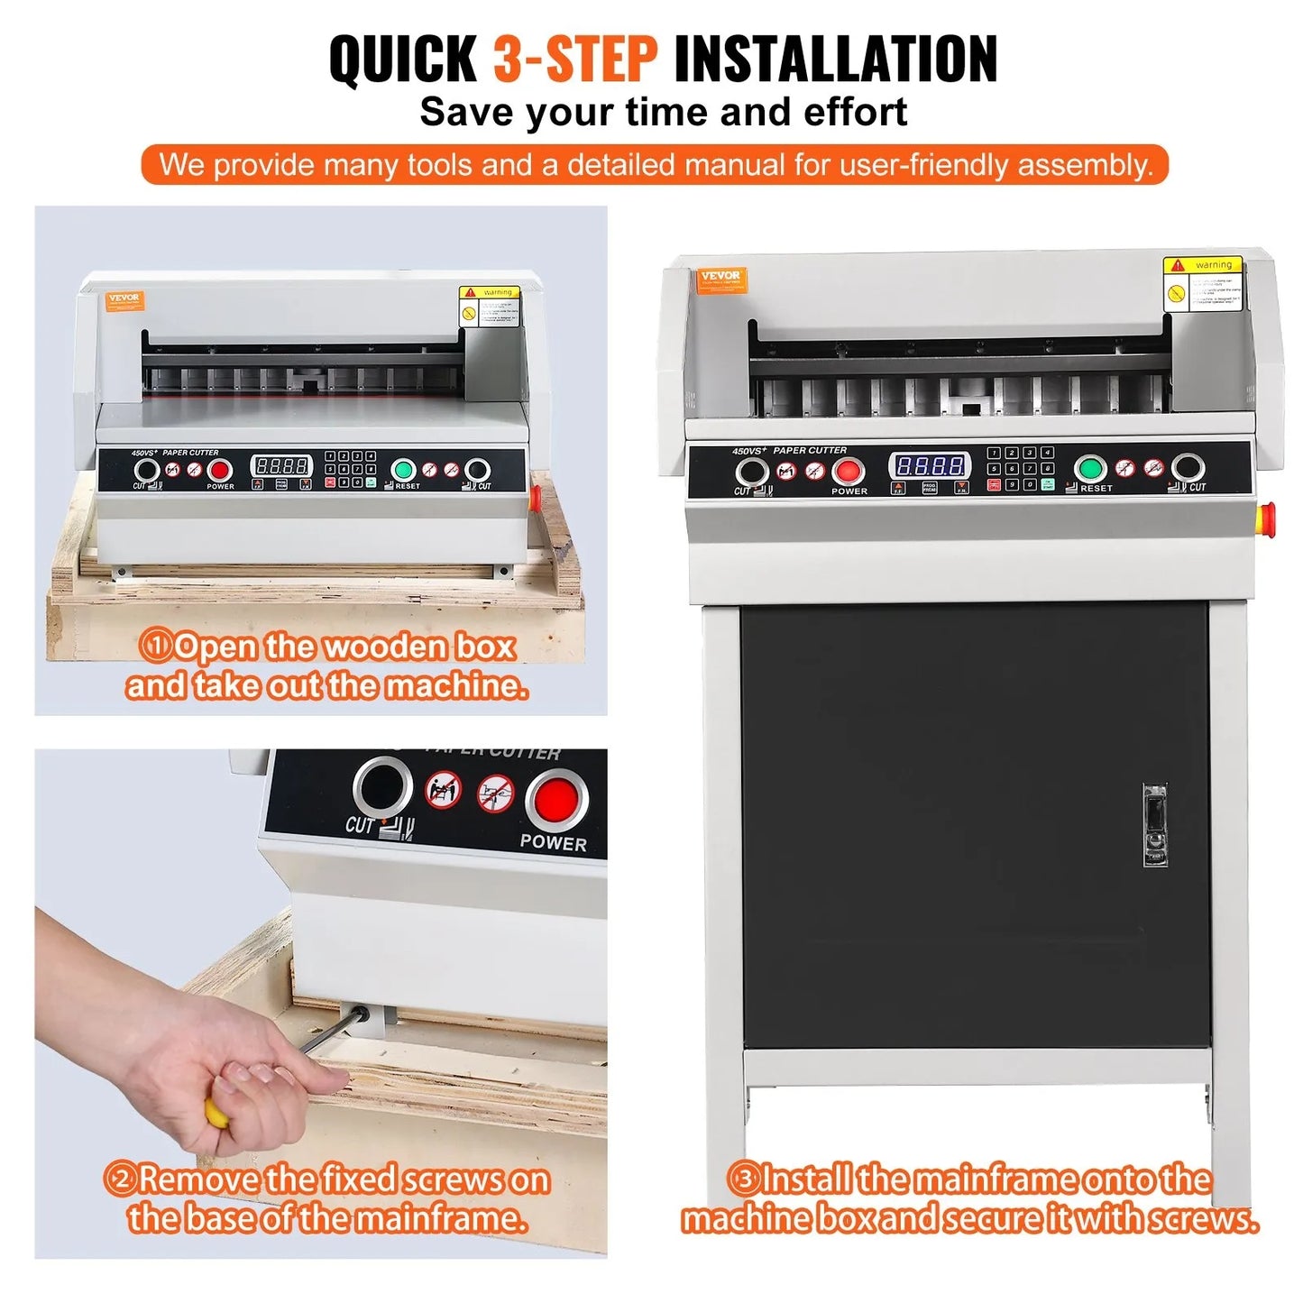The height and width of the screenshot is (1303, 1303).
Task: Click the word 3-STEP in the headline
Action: coord(574,59)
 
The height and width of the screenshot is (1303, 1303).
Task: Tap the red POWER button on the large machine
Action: coord(848,471)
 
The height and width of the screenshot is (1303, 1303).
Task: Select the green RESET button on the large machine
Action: coord(1091,469)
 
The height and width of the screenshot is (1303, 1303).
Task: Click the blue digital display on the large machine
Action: coord(930,465)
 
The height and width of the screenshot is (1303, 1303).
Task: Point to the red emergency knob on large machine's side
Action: coord(1266,517)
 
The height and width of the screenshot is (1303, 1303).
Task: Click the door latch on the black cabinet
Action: coord(1155,825)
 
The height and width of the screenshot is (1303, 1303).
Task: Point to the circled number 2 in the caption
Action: coord(119,1179)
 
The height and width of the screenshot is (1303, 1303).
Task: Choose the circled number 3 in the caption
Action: coord(742,1179)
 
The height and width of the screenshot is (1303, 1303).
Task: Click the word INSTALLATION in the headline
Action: coord(835,59)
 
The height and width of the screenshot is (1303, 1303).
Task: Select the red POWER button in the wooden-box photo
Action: coord(220,470)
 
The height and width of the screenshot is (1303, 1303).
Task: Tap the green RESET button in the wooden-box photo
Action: coord(403,470)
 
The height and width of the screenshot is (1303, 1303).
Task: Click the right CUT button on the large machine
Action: coord(1188,468)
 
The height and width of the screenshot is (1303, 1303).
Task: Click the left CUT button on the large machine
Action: coord(751,472)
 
